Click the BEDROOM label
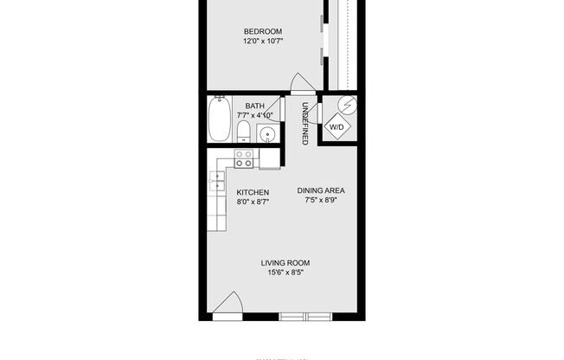(x=263, y=31)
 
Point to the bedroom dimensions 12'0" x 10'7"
(x=263, y=41)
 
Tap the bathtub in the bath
(x=219, y=120)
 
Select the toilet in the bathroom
(x=244, y=132)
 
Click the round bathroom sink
(x=267, y=134)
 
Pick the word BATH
(x=254, y=106)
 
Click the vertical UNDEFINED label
(x=304, y=124)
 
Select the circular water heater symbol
(x=348, y=106)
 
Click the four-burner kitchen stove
(x=245, y=158)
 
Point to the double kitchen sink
(x=215, y=182)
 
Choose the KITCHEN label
(x=253, y=192)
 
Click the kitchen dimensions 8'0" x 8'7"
(x=253, y=202)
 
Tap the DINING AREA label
(x=321, y=191)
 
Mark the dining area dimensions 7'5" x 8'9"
(x=321, y=201)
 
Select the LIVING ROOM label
(x=285, y=263)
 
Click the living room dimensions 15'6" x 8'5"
(x=285, y=273)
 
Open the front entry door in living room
(x=228, y=307)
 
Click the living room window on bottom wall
(x=305, y=318)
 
